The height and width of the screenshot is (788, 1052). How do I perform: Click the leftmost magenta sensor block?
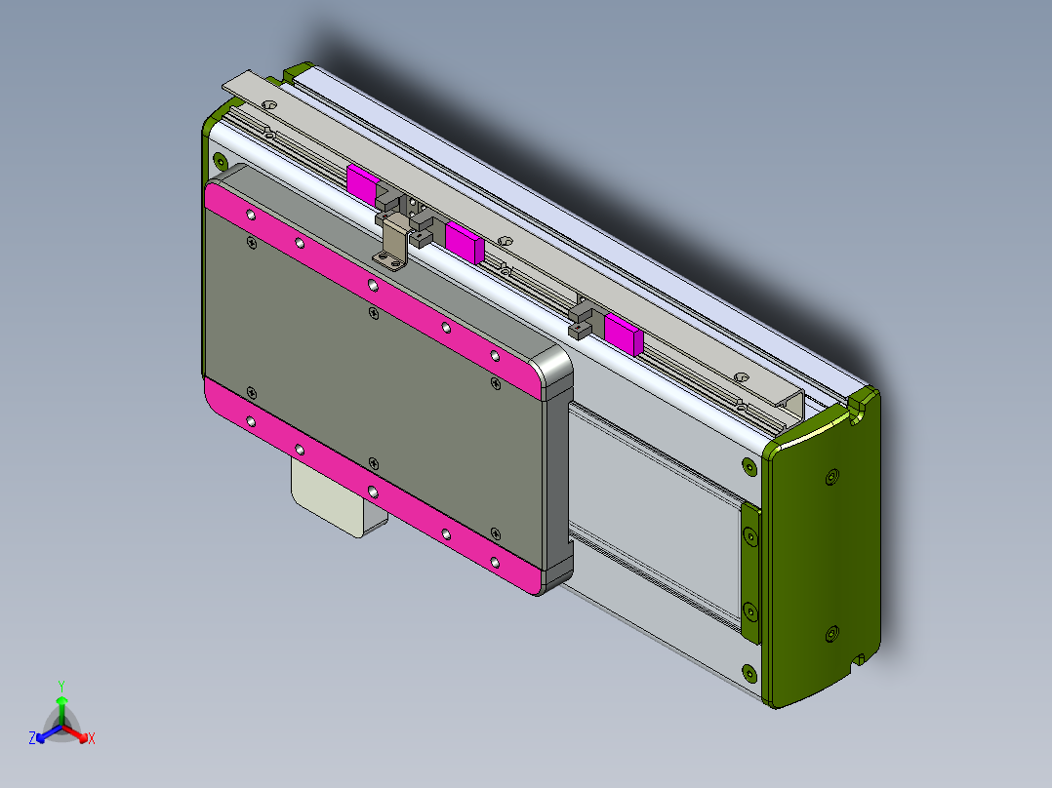tap(362, 183)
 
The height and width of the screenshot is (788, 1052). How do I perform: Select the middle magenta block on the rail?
tap(465, 240)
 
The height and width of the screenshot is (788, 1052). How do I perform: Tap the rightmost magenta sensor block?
tap(623, 332)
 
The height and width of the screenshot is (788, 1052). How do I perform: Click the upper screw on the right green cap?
tap(830, 477)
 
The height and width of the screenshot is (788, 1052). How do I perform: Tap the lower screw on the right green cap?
tap(830, 635)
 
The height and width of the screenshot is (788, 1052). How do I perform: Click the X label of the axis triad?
tap(91, 739)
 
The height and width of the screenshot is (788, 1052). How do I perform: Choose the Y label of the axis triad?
tap(61, 686)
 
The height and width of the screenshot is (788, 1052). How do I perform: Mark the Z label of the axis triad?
tap(32, 738)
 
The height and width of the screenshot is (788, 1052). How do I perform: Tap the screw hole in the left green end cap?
tap(220, 161)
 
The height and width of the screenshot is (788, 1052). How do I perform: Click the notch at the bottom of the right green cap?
tap(859, 660)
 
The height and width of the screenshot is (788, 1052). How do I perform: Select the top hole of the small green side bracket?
tap(749, 537)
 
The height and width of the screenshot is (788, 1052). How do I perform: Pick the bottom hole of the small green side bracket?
tap(749, 611)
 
